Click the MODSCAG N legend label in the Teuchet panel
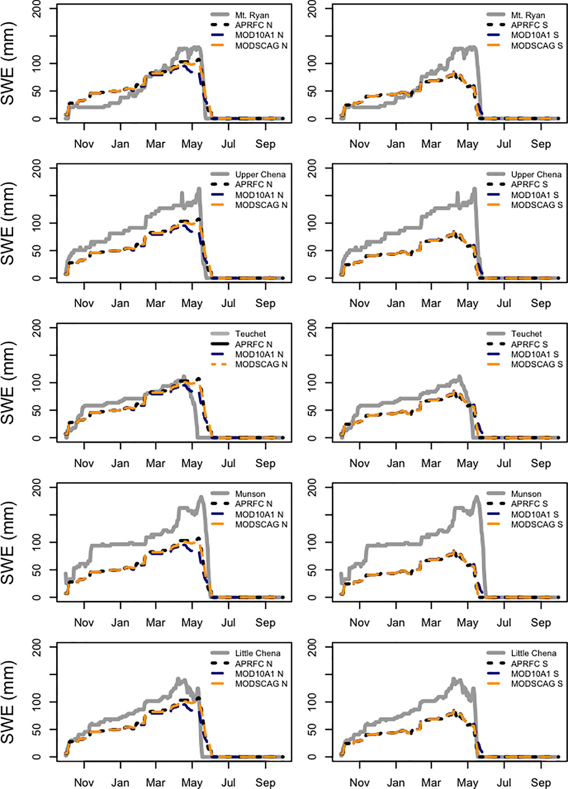(x=261, y=364)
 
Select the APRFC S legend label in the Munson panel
(x=529, y=504)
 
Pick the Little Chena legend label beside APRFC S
(x=534, y=653)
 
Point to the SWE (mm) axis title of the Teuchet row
(x=8, y=383)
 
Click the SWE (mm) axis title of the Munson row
(x=8, y=543)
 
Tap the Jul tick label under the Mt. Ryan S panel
(x=504, y=144)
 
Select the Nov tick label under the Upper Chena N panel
(x=84, y=303)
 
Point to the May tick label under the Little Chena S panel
(x=467, y=782)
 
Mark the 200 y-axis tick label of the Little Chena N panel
(x=36, y=648)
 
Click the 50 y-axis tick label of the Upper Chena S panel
(x=312, y=251)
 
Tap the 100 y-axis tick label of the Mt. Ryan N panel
(x=36, y=63)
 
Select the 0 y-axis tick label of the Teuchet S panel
(x=312, y=438)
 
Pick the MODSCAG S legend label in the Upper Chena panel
(x=537, y=205)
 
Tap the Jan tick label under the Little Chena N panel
(x=120, y=782)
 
